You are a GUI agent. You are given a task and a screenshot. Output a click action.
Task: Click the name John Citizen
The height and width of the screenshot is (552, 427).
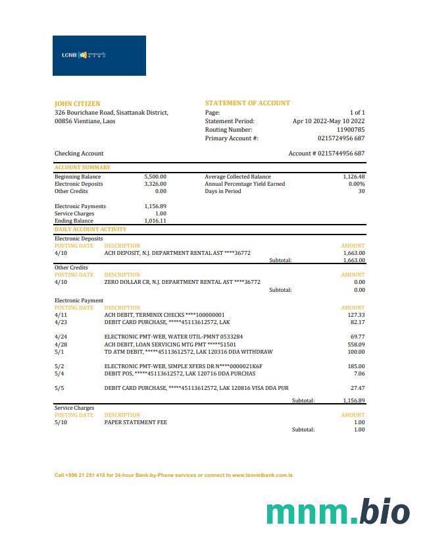(x=78, y=103)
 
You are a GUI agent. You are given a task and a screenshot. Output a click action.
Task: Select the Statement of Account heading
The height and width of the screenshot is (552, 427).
(x=247, y=103)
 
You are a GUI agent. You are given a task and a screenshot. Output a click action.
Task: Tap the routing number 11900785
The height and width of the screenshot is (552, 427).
(x=350, y=130)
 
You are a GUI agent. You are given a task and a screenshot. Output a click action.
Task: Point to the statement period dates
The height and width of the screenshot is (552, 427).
(x=328, y=121)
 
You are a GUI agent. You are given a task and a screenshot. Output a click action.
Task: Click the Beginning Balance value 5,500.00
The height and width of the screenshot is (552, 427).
(x=155, y=177)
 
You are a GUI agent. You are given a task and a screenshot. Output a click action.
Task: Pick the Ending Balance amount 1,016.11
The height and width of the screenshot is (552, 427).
(x=155, y=221)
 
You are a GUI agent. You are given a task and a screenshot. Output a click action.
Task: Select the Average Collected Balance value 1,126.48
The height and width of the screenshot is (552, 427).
(x=353, y=177)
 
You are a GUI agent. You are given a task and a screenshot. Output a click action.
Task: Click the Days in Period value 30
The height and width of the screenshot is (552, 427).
(x=361, y=191)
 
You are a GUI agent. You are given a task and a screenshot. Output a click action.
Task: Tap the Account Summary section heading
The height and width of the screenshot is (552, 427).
(x=82, y=167)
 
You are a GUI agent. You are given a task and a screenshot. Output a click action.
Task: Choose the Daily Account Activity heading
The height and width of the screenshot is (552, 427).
(x=91, y=229)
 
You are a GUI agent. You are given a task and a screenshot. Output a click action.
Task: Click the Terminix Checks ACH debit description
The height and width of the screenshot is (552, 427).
(x=164, y=315)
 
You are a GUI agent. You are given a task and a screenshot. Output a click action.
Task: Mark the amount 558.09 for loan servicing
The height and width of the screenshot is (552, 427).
(x=356, y=345)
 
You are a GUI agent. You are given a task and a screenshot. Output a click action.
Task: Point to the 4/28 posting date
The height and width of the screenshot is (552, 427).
(x=61, y=345)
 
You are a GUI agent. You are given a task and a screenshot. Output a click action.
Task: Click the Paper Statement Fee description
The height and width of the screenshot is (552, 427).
(x=135, y=422)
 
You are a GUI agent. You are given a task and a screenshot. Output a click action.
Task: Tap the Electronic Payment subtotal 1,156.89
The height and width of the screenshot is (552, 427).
(x=353, y=400)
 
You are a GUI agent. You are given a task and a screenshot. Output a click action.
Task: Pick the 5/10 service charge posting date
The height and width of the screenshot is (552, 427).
(x=61, y=422)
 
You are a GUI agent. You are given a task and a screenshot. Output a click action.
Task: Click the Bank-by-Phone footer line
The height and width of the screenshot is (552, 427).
(x=173, y=475)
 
